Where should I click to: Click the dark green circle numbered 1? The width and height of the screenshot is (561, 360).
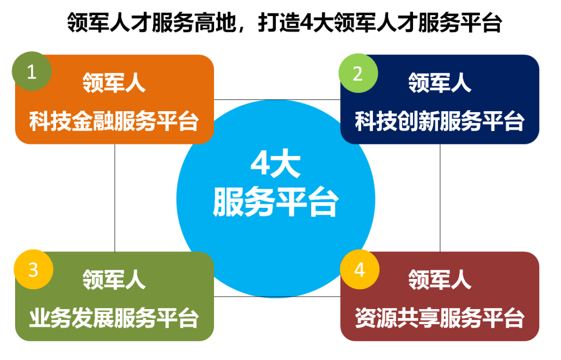(32, 71)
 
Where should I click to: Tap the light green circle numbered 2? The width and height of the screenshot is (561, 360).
(358, 73)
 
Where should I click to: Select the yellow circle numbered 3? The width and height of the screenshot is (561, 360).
(34, 270)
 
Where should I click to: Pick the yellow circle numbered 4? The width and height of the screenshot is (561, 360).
(359, 270)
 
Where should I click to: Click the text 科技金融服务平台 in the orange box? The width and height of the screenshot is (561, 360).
(114, 121)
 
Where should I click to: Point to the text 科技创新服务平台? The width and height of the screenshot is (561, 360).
(440, 121)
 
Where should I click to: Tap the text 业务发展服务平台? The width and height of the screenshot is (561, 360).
(114, 318)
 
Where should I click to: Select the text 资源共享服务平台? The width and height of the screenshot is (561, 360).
(440, 318)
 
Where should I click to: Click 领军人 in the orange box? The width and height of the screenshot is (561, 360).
(114, 83)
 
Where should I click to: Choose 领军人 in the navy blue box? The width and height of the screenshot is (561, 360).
(440, 83)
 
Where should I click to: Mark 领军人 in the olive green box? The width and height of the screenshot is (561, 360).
(114, 279)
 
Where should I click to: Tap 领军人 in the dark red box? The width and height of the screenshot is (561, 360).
(440, 279)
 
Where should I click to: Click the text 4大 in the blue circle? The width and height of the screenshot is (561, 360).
(275, 165)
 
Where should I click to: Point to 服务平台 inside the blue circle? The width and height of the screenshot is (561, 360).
(275, 202)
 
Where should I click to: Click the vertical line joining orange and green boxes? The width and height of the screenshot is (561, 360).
(115, 198)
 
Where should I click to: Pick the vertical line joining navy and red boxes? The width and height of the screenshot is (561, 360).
(440, 198)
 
